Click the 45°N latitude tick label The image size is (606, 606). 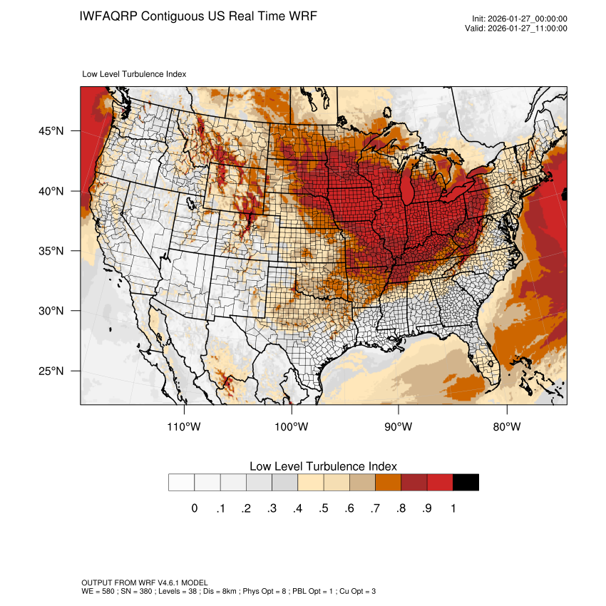[51, 131]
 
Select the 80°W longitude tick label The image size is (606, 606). [507, 427]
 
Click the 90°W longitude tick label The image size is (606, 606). [399, 427]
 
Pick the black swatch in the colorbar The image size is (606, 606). [466, 483]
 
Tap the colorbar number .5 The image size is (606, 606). [324, 508]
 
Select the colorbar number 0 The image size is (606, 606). [194, 508]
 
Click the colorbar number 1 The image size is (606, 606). [453, 508]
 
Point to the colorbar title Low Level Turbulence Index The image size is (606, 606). [323, 466]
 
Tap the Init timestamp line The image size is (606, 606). [520, 19]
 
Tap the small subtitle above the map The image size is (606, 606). [135, 74]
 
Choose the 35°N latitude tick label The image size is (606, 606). [51, 251]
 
